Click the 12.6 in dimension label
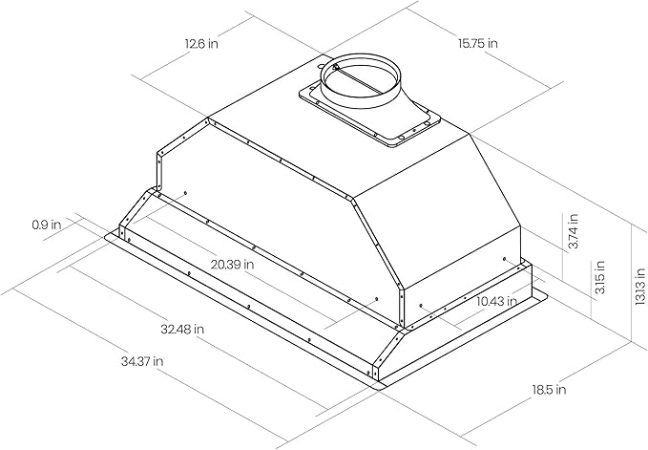coord(201,43)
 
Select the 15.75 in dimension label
coord(478,43)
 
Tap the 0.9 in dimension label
coord(46,225)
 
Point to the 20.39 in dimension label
coord(232,265)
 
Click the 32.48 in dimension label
coord(182,330)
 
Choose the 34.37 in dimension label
coord(142,361)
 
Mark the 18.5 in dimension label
coord(549,389)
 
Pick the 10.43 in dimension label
coord(496,301)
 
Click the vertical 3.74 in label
coord(573,231)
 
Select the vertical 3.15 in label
coord(599,277)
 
